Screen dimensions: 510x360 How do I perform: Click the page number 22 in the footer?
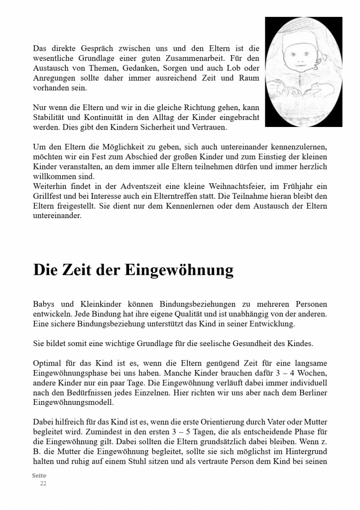pos(43,483)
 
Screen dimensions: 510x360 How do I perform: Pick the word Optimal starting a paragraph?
pos(47,363)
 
